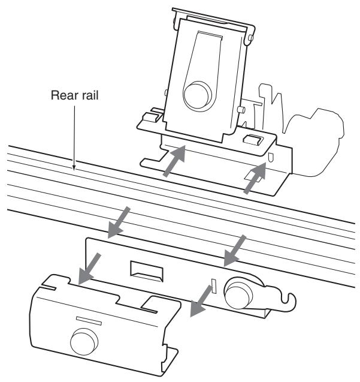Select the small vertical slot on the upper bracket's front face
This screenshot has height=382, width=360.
click(x=273, y=159)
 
